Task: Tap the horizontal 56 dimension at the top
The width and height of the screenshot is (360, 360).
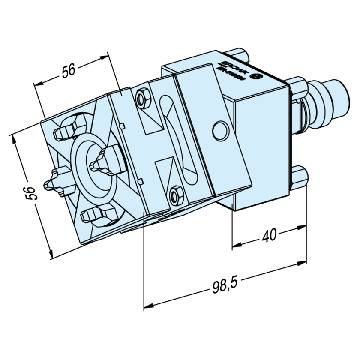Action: [x=69, y=71]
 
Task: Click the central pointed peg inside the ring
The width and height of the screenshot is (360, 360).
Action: [x=102, y=162]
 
